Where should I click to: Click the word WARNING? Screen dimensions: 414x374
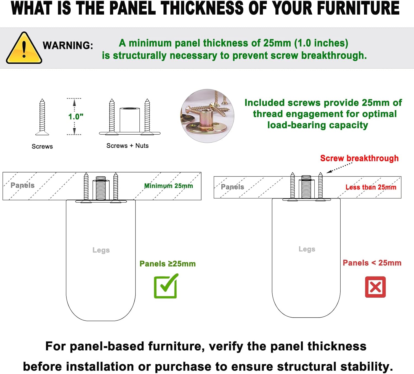click(x=68, y=45)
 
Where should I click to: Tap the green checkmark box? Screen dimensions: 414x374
click(x=166, y=286)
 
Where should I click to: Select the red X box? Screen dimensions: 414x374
click(x=375, y=287)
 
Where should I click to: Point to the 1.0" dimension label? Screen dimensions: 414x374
click(x=76, y=116)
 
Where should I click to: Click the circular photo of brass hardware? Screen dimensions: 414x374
click(x=207, y=116)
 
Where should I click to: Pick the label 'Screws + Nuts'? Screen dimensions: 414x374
click(x=128, y=146)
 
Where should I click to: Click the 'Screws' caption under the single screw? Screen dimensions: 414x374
click(x=42, y=147)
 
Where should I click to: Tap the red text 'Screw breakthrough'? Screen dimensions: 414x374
click(x=359, y=158)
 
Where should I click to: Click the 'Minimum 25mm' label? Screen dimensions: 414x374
click(x=168, y=186)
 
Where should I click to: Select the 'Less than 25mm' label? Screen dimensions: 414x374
click(x=371, y=187)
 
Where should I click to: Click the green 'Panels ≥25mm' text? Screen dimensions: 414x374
click(x=168, y=264)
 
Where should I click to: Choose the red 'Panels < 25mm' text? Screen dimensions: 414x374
click(x=372, y=263)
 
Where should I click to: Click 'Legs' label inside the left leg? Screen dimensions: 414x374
click(x=101, y=250)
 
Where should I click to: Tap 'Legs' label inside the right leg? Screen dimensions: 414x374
click(x=307, y=249)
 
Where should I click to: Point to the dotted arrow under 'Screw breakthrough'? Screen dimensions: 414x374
click(x=339, y=168)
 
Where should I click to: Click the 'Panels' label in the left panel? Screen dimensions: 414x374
click(x=22, y=185)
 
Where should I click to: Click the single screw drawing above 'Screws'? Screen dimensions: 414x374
click(x=42, y=117)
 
